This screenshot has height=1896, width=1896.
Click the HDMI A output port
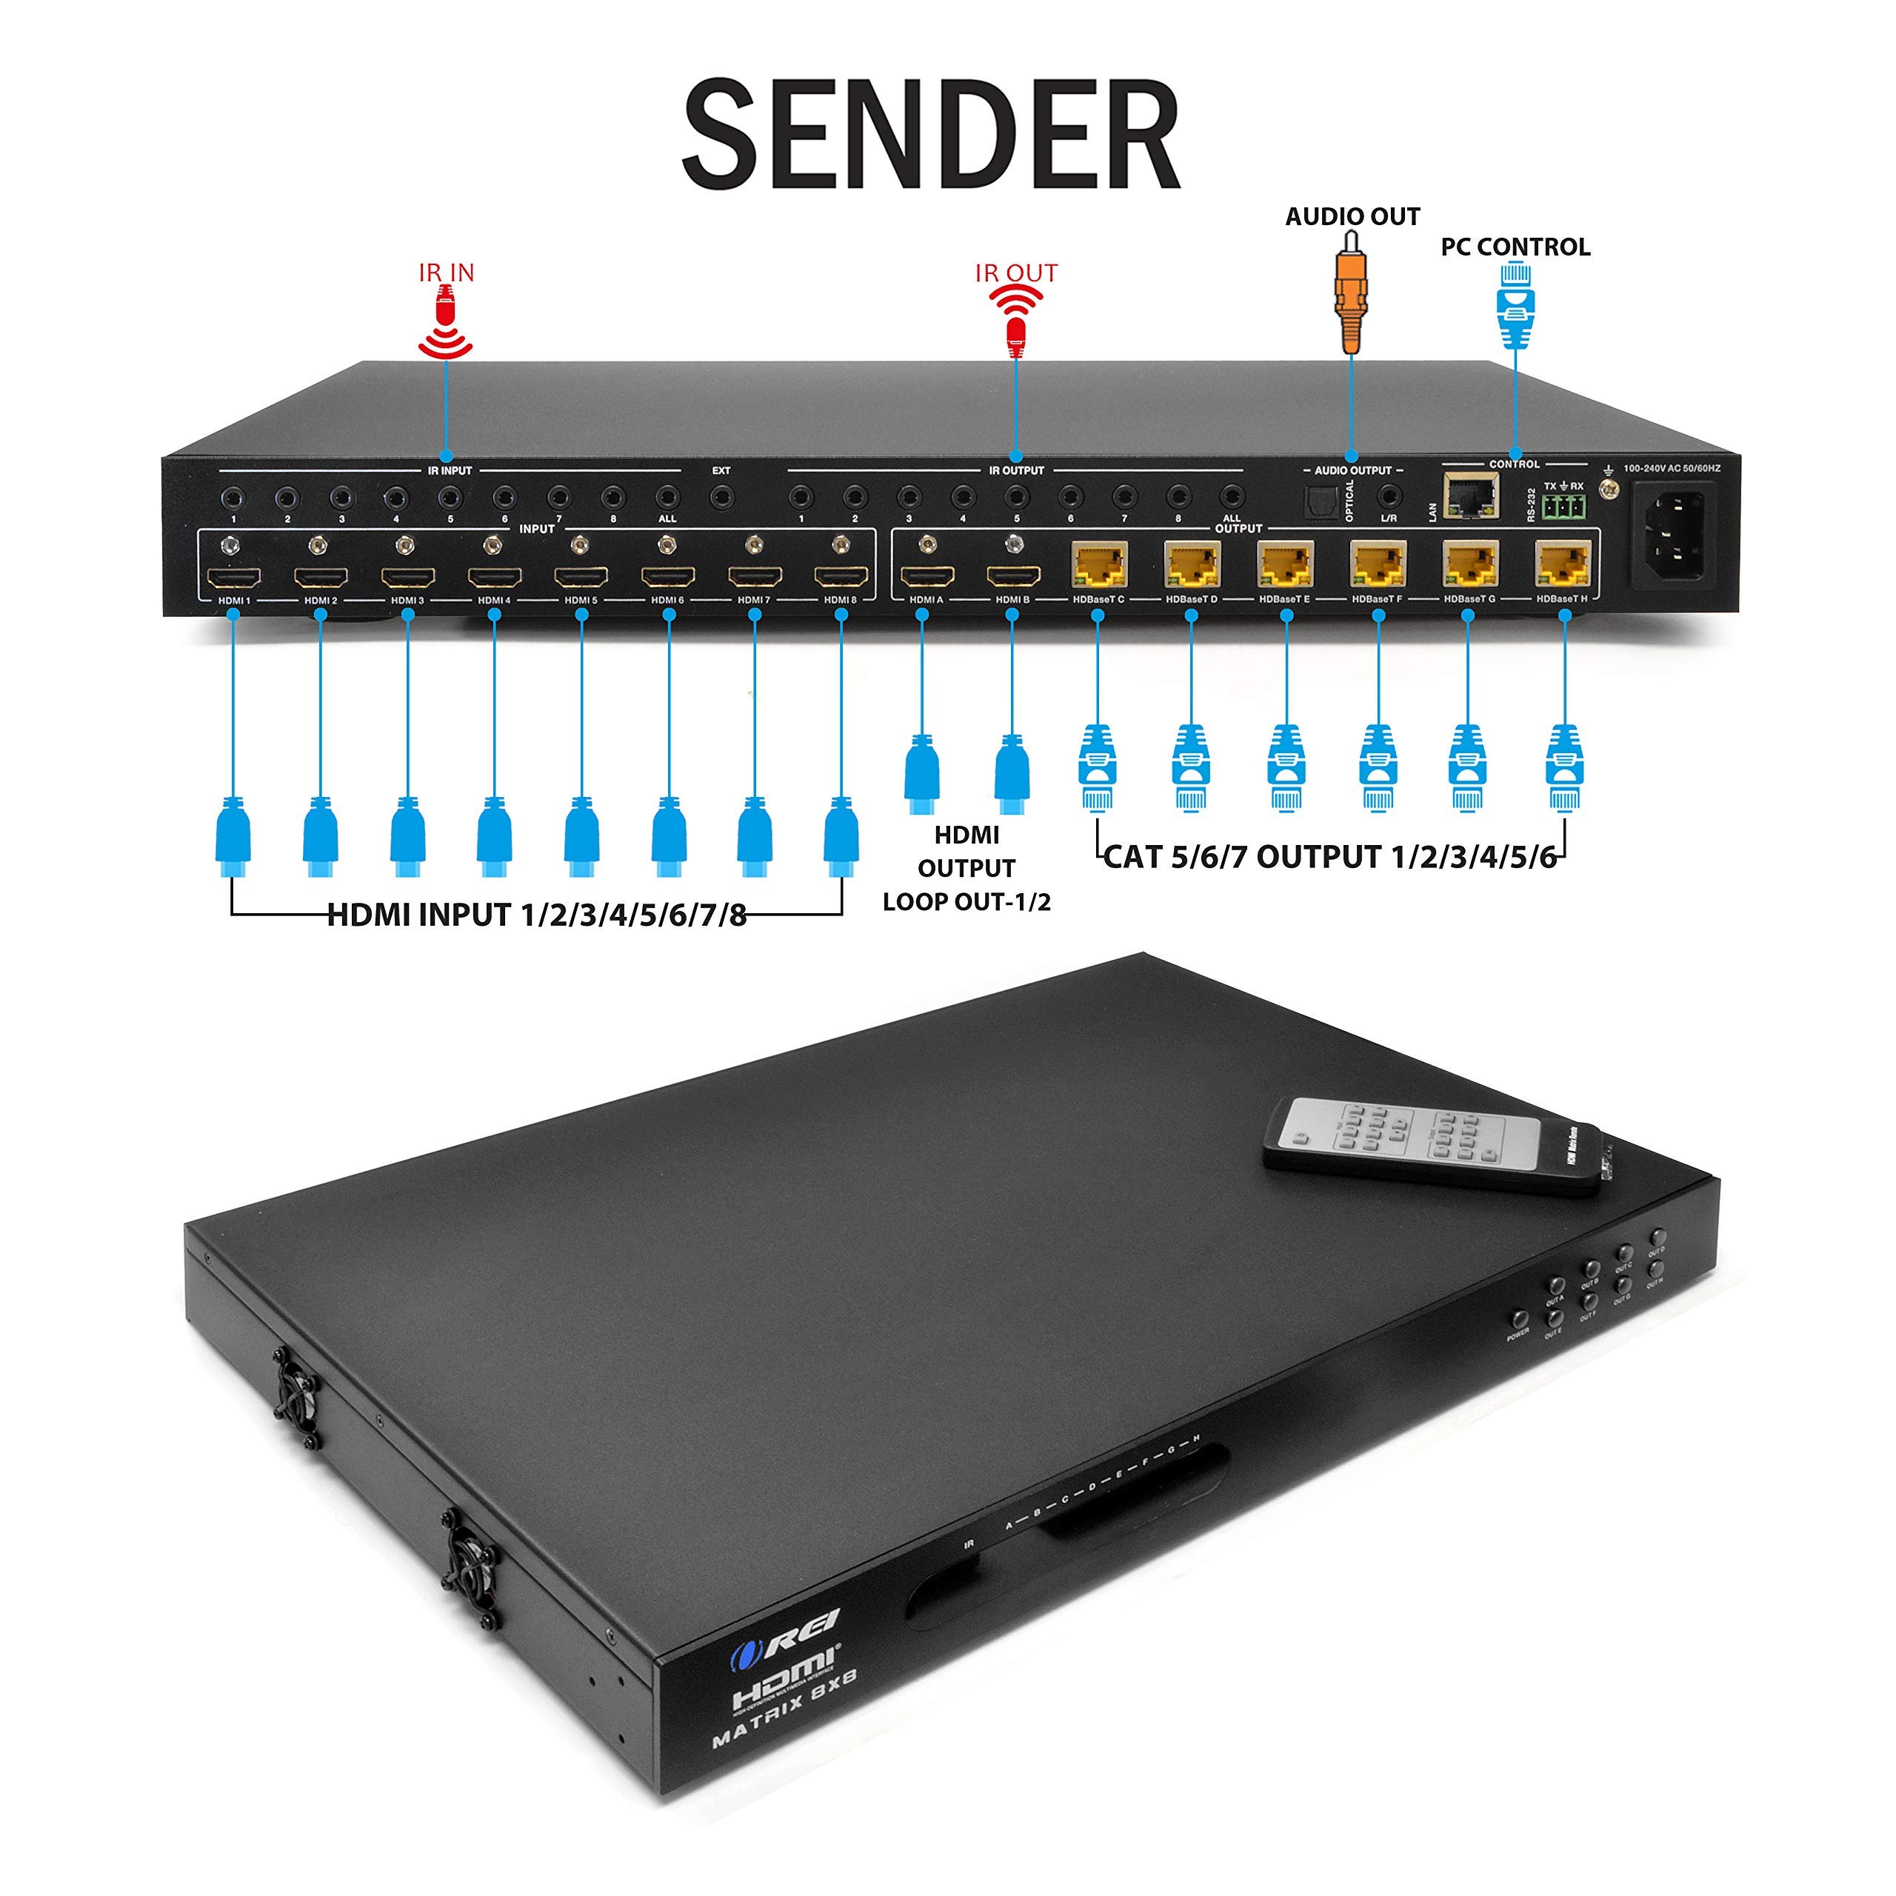[927, 577]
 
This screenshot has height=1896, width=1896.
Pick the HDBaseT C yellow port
[1099, 565]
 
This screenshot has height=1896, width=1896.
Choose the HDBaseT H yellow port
[1562, 564]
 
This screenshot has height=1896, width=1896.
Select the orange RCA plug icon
[1352, 298]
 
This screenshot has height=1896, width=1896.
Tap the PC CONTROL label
[1515, 247]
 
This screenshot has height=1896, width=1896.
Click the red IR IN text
[447, 273]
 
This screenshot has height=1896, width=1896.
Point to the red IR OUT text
[1015, 273]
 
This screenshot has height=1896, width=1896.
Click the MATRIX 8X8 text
[785, 1709]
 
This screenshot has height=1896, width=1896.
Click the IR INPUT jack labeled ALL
[667, 498]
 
